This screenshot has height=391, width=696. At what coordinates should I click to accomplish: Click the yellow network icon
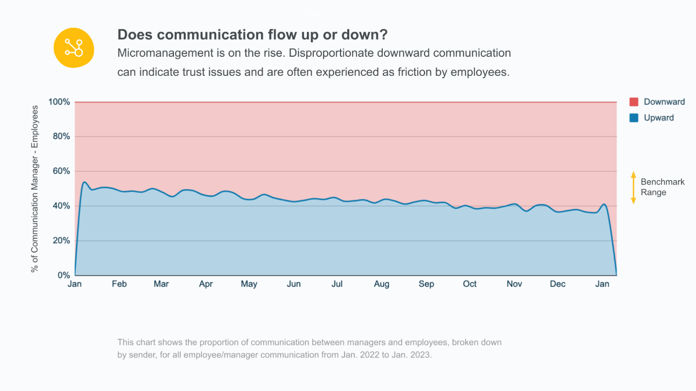pos(74,47)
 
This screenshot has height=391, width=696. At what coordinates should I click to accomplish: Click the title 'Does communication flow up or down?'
pos(252,34)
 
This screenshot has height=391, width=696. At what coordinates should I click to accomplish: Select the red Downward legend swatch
pos(634,102)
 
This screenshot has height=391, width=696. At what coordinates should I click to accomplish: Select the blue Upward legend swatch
pos(634,118)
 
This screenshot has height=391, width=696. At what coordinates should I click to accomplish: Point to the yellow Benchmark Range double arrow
pos(633,187)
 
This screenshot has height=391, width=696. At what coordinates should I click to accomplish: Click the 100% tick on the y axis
pos(59,102)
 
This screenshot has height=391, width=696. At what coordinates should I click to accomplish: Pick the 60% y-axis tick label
pos(61,171)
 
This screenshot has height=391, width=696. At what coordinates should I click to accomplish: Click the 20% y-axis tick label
pos(61,241)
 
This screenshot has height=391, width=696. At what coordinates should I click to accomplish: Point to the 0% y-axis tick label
pos(63,276)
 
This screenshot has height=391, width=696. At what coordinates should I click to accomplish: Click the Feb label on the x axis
pos(119,284)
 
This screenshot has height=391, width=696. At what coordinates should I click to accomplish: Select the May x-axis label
pos(249,284)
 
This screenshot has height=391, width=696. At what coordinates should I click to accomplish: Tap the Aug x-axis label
pos(382,284)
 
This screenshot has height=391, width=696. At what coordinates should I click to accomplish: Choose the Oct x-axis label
pos(470,284)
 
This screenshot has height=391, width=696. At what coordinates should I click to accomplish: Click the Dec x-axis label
pos(557,284)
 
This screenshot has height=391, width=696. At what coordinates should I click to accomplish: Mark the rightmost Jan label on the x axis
pos(603,284)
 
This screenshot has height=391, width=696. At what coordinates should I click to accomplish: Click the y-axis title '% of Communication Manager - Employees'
pos(35,189)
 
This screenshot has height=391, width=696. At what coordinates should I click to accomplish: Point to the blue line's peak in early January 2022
pos(85,182)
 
